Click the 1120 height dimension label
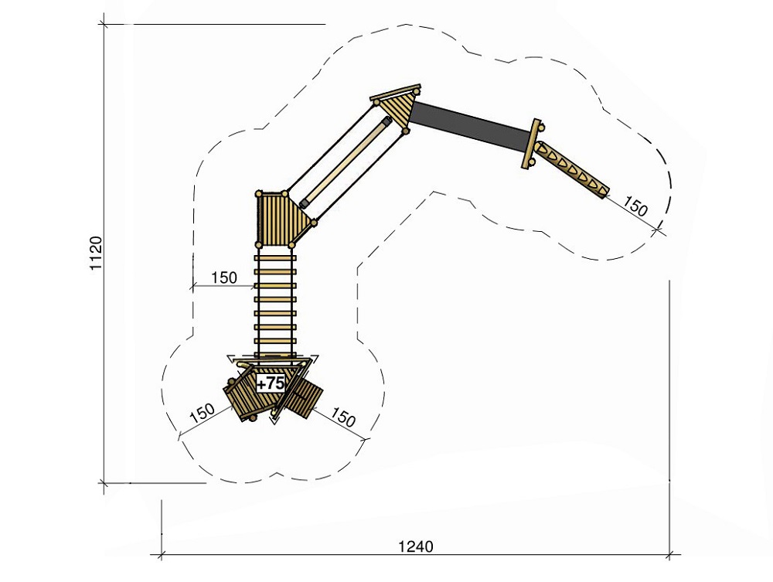click(96, 253)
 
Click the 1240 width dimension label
click(416, 546)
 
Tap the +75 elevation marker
click(271, 383)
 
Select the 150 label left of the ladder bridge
click(224, 277)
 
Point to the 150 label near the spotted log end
click(635, 206)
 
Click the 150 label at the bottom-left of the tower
click(202, 413)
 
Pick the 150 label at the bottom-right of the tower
click(342, 417)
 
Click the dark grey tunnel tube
click(470, 126)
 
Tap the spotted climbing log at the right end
click(573, 169)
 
